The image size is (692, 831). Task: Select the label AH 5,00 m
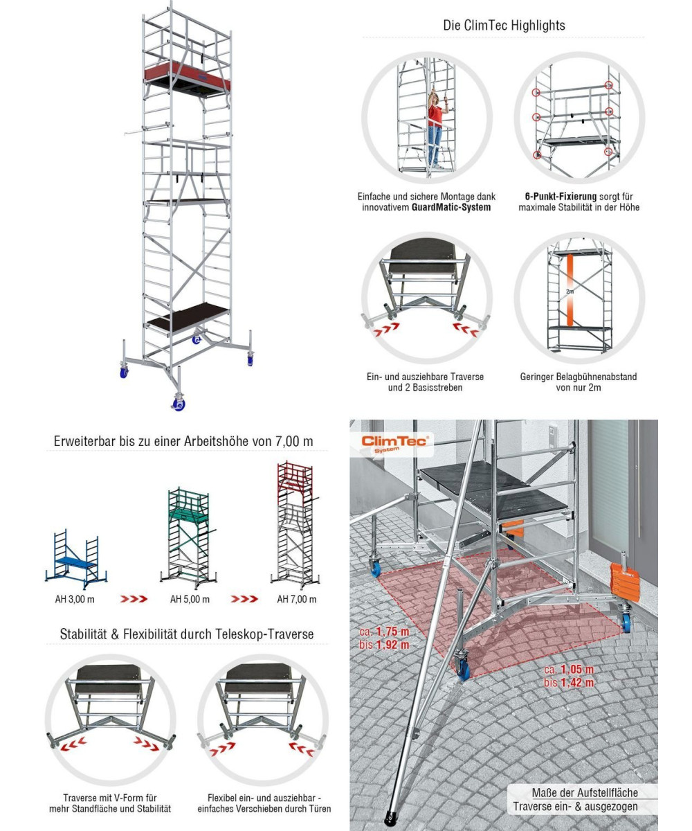click(x=189, y=599)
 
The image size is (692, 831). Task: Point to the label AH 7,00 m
click(x=296, y=599)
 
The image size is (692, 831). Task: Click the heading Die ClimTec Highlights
click(x=504, y=25)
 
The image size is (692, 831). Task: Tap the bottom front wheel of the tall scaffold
click(x=179, y=402)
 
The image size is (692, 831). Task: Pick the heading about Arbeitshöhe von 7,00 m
click(x=183, y=440)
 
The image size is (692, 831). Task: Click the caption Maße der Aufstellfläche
click(x=585, y=792)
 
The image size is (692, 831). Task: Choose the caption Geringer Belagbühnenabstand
click(x=579, y=377)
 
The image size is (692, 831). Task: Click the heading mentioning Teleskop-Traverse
click(x=187, y=633)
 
